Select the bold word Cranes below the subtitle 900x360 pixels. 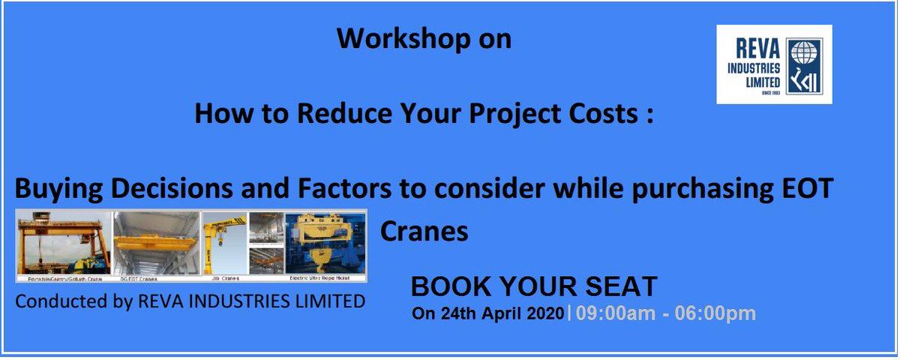tap(424, 230)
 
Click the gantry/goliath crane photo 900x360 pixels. tap(64, 242)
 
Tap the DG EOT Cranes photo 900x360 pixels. tap(156, 242)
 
